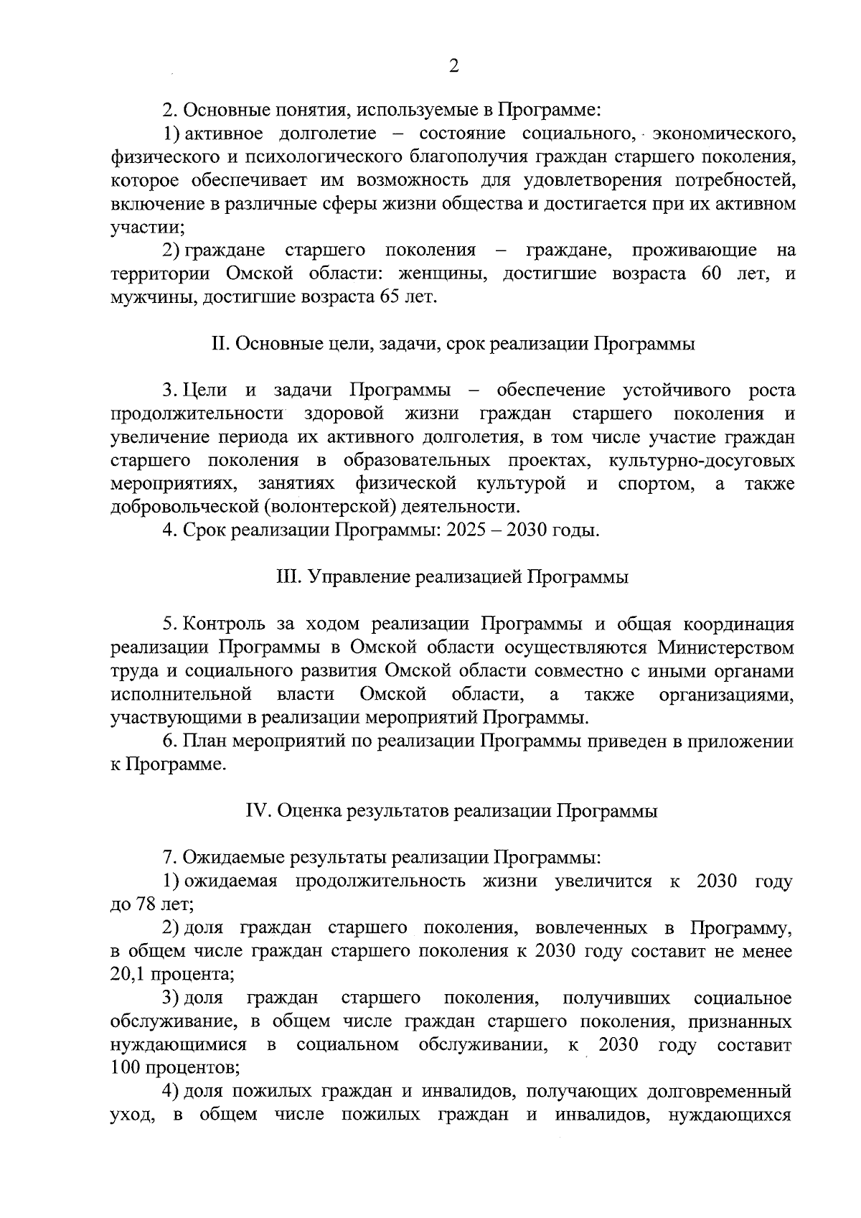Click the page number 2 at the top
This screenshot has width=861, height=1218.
[x=453, y=66]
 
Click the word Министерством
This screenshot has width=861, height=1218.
[x=725, y=648]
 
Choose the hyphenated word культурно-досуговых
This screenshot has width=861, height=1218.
[x=701, y=461]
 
